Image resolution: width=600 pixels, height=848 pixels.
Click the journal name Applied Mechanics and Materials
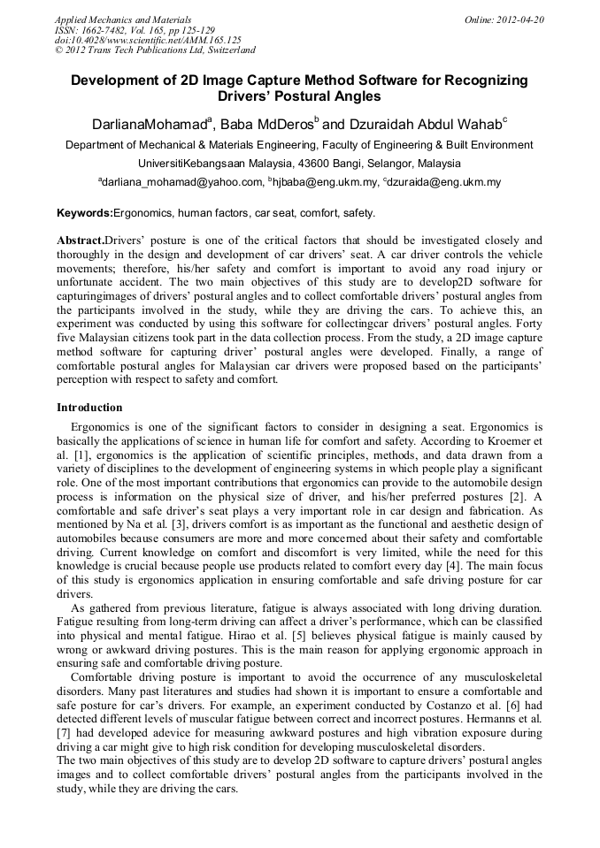tap(123, 19)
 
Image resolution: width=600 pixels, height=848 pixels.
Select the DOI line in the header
tap(147, 40)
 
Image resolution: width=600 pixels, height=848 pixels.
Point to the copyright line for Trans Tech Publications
tap(155, 50)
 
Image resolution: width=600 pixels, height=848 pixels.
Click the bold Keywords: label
tap(85, 213)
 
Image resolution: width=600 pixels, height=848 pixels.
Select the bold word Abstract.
tap(80, 240)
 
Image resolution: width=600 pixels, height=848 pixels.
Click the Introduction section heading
tap(89, 408)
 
